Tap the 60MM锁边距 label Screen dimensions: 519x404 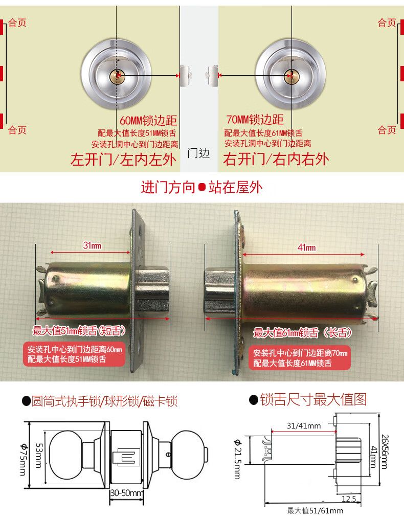[x=148, y=121]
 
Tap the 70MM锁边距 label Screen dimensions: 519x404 [x=254, y=120]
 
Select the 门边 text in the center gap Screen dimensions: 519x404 [x=198, y=153]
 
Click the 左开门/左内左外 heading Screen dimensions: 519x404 [x=123, y=160]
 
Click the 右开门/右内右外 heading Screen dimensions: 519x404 [x=276, y=160]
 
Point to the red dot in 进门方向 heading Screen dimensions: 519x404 [x=201, y=188]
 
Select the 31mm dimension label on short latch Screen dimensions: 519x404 [x=92, y=245]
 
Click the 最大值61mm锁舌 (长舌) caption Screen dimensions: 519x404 [x=303, y=333]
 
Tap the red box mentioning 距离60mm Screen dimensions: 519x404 [x=75, y=354]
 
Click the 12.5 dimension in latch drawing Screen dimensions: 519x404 [x=349, y=498]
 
